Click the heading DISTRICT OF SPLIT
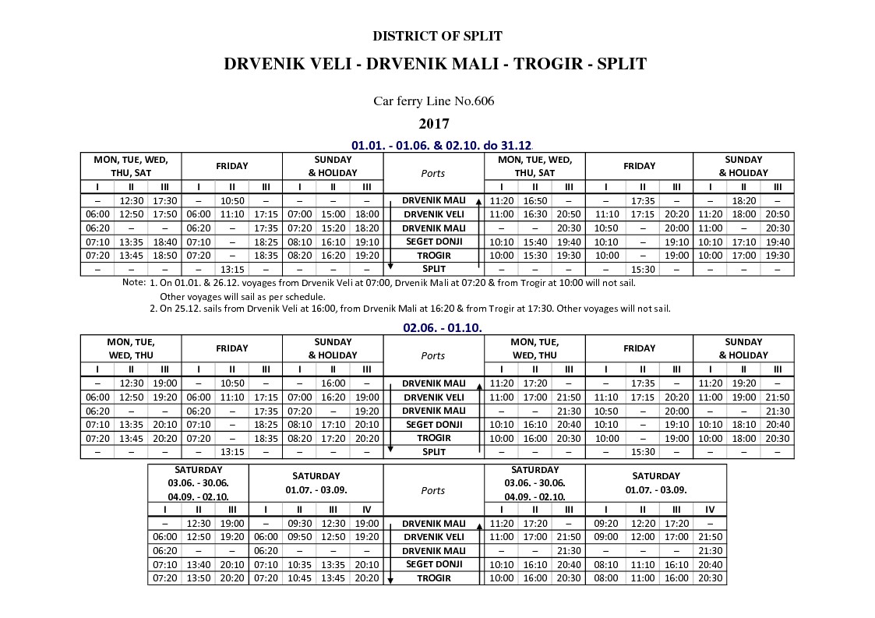437,36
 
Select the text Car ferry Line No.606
433,101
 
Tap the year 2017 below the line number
434,123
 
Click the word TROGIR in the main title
546,64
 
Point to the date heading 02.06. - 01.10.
442,327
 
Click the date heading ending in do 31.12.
441,145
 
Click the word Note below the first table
134,282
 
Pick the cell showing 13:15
231,452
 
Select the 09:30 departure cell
299,523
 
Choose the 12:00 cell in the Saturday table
643,537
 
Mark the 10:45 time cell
299,578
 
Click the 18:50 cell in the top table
164,256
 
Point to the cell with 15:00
333,214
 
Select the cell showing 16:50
535,200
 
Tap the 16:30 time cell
535,214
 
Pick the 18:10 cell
743,425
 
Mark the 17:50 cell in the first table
164,214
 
